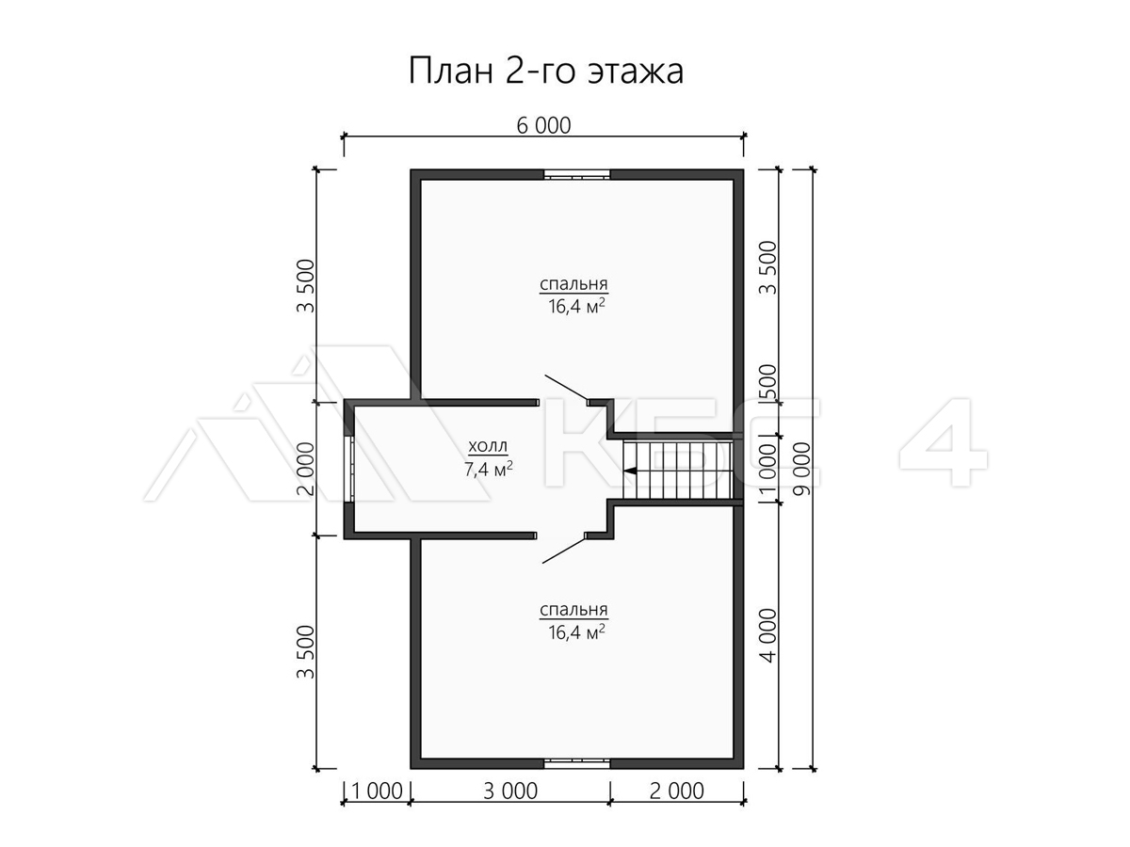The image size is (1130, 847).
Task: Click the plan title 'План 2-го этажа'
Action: coord(545,71)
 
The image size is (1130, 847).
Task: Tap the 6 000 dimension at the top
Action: coord(543,126)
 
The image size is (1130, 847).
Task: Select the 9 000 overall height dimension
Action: coord(801,469)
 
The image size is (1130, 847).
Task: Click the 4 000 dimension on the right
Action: coord(768,635)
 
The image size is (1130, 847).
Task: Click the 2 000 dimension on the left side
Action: coord(306,469)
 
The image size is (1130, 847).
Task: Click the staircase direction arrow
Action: coord(629,470)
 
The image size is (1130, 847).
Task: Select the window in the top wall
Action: coord(576,174)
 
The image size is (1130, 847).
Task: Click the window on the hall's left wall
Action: coord(349,469)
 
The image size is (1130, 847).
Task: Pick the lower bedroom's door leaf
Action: coord(564,550)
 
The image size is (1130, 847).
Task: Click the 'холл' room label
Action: coord(488,446)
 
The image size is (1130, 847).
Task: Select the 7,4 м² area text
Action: coord(488,469)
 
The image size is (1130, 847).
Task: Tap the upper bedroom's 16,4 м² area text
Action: coord(576,307)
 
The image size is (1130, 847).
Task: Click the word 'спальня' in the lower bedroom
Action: coord(574,611)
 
